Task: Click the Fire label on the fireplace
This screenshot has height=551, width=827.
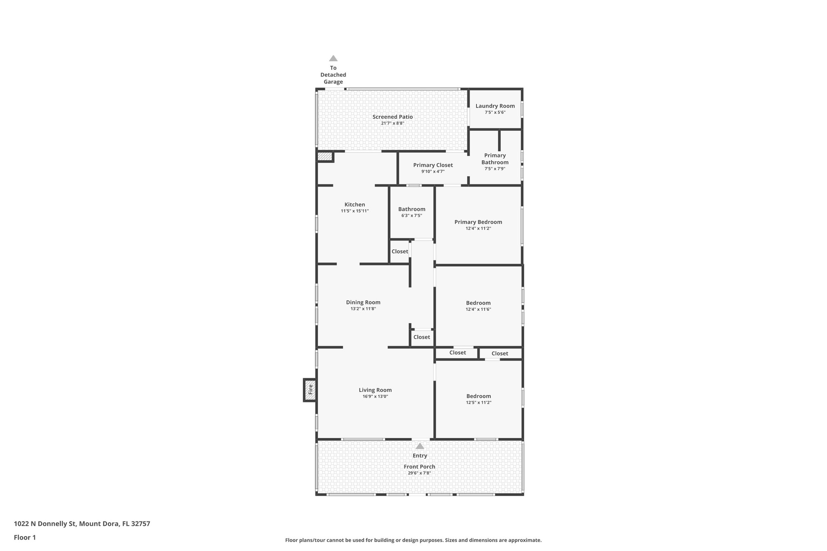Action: [x=310, y=390]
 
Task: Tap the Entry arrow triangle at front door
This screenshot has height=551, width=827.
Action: [x=420, y=446]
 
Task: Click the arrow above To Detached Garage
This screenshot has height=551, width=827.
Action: [x=333, y=59]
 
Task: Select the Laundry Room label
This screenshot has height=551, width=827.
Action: [x=495, y=106]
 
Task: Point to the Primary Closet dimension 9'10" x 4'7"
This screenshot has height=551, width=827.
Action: [x=433, y=172]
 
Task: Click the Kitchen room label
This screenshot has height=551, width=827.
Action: [x=355, y=205]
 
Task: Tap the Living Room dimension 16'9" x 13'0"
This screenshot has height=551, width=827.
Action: [x=375, y=396]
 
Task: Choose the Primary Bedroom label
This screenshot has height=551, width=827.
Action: [x=478, y=222]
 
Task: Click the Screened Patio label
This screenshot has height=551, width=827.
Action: [x=393, y=117]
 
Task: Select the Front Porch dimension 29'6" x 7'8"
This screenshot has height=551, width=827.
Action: [x=420, y=473]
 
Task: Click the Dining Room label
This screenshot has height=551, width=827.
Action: [x=363, y=302]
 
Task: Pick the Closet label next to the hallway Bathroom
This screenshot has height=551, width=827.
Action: [x=400, y=251]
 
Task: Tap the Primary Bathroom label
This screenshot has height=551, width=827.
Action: [x=495, y=159]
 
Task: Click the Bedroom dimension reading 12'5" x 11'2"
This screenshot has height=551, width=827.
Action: [x=479, y=402]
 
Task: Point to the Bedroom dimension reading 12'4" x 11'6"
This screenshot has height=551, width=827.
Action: [x=478, y=309]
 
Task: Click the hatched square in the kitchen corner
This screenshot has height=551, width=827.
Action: [x=324, y=156]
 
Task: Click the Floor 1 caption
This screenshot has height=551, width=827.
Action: [x=25, y=538]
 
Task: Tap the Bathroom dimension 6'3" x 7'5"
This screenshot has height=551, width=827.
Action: [x=411, y=216]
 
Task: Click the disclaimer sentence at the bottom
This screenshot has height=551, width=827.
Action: [x=413, y=540]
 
